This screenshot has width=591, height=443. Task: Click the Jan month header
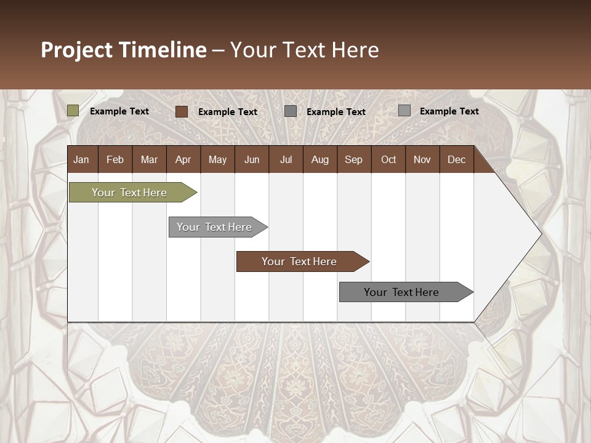(81, 159)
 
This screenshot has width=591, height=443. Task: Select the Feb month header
(115, 159)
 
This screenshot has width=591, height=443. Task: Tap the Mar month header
(149, 159)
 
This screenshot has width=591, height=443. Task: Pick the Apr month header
(183, 159)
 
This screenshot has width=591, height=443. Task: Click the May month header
(217, 159)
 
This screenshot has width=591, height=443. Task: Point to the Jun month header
(252, 159)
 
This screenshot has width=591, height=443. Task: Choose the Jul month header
(286, 159)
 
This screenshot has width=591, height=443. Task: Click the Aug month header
(320, 159)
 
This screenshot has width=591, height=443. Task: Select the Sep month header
(353, 159)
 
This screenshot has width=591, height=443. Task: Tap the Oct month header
(388, 159)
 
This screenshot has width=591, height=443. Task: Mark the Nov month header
(422, 159)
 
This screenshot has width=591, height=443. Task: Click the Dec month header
(456, 159)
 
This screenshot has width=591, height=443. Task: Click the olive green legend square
(73, 111)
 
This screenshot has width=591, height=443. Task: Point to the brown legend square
(181, 111)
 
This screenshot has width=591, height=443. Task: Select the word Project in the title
(77, 50)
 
